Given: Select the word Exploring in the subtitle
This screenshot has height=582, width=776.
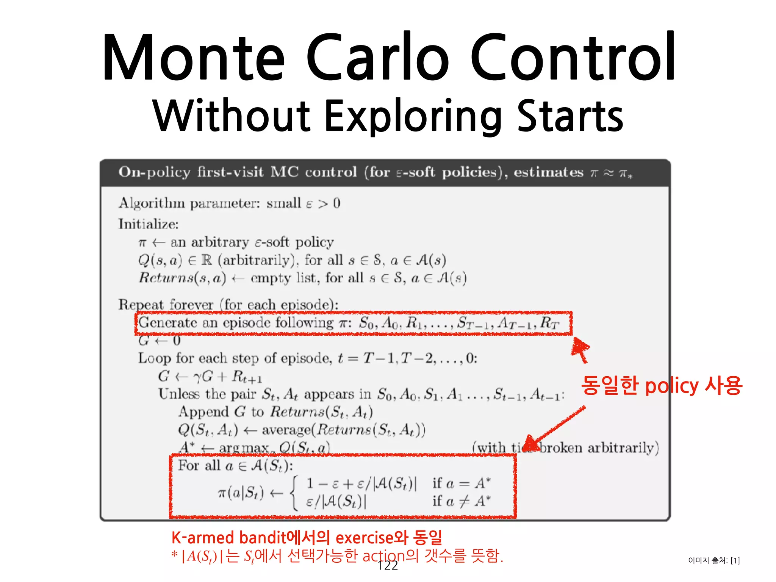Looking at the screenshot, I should [x=413, y=116].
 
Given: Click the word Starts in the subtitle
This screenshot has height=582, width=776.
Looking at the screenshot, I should [x=570, y=116].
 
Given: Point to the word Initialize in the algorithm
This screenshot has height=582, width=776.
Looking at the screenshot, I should [x=148, y=224].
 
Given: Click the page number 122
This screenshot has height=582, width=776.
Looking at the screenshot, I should [x=388, y=565].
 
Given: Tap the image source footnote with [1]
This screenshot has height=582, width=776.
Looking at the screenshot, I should [x=714, y=560].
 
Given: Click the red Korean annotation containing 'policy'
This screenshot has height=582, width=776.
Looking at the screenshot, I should [x=662, y=386].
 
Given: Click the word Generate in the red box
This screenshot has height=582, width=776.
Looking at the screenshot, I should [x=167, y=323].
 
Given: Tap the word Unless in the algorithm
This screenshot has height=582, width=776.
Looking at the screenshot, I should [x=179, y=394].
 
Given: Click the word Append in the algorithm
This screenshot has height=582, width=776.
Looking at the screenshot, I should [x=203, y=412].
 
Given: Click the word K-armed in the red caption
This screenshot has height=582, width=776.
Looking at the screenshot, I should [x=203, y=538].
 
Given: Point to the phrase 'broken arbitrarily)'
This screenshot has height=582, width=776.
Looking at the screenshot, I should [x=599, y=448].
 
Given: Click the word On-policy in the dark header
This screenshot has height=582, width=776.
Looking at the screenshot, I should [x=154, y=172].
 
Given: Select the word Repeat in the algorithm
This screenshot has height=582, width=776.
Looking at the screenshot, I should [x=141, y=305].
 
